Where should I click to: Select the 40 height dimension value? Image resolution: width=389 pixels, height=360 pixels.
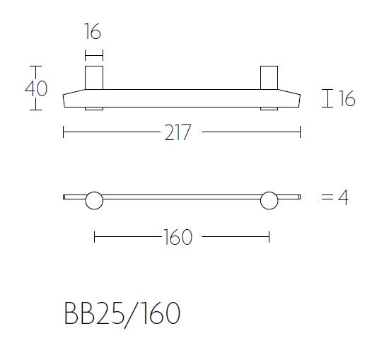point(36,89)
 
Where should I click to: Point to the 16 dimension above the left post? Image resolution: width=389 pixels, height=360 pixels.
point(92,32)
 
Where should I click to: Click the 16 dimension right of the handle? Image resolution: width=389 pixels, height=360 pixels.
point(346,99)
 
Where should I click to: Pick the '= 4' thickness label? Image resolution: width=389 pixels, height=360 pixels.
point(335,197)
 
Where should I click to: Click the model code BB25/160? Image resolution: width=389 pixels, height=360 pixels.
point(121,315)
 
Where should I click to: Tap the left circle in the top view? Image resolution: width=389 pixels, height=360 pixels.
point(94,201)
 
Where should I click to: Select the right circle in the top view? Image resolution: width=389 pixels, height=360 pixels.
point(269,201)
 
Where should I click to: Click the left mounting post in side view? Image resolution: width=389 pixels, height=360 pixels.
point(94,78)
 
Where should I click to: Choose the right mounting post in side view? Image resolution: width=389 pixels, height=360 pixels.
point(269,78)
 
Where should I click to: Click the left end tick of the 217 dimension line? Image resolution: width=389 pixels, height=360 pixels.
point(64,132)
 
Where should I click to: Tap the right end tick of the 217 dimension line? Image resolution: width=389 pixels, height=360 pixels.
point(301,132)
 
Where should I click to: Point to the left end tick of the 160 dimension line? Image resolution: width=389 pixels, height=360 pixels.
point(94,237)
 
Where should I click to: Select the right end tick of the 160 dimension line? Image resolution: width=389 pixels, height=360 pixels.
point(269,237)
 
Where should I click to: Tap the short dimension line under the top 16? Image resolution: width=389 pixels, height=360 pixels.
point(94,54)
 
